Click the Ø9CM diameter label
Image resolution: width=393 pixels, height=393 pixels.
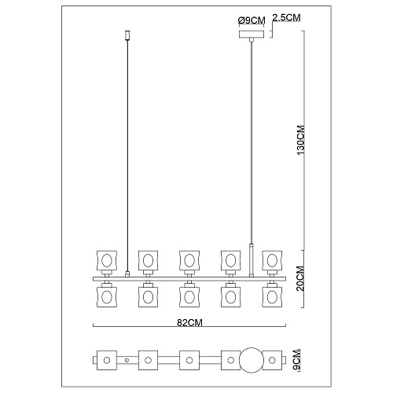click(252, 20)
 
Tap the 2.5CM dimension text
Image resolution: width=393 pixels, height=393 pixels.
click(286, 17)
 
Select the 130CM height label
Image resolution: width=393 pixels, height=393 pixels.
click(301, 140)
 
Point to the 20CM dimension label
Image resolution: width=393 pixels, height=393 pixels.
click(301, 278)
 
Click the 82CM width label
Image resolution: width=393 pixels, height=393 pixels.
click(189, 323)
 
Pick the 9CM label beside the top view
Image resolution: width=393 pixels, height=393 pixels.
click(297, 360)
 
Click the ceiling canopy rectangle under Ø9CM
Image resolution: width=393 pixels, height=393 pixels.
click(252, 35)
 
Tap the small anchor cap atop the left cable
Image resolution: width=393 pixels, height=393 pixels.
click(127, 35)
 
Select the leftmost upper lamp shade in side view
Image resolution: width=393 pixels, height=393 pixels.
click(107, 260)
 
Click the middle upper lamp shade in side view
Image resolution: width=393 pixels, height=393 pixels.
click(189, 260)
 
